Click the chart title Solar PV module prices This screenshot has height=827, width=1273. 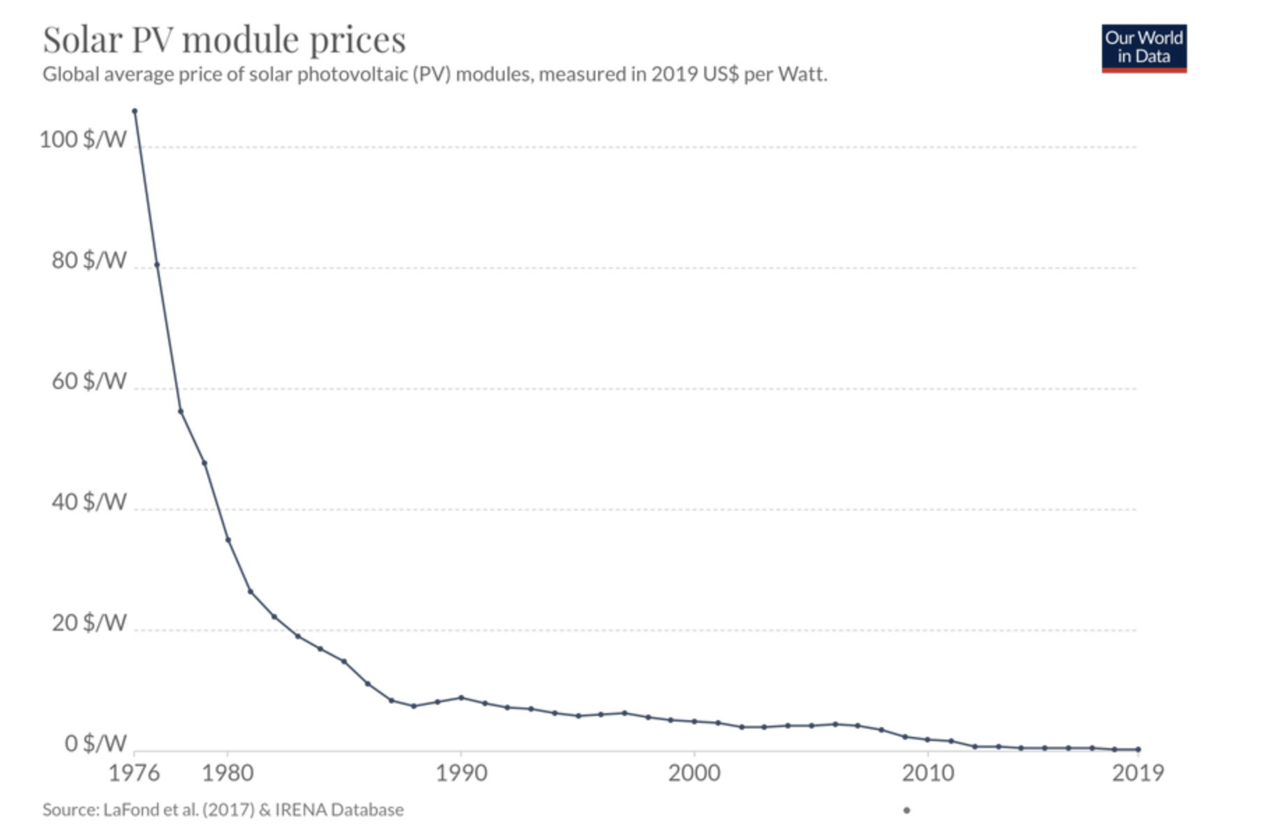[223, 40]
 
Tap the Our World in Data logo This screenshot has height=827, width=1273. [1143, 48]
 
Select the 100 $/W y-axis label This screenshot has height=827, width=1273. [83, 140]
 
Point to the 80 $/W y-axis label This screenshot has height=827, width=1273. [89, 261]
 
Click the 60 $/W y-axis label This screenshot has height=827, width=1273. [89, 381]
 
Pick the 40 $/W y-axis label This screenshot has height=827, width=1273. [89, 502]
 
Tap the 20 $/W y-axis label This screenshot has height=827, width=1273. [89, 623]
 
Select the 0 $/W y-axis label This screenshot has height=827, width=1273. [95, 744]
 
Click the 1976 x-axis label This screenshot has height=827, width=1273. [134, 773]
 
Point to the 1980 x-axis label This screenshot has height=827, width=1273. [228, 773]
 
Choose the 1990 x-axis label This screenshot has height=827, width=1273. [461, 773]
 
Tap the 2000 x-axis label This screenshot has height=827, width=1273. [694, 773]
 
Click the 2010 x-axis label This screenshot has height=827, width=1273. [928, 773]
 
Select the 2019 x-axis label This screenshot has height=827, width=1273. [1138, 773]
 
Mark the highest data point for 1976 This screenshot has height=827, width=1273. [135, 111]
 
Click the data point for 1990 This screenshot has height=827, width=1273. [461, 698]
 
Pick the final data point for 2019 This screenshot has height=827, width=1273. [1138, 749]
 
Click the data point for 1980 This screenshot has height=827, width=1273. [228, 540]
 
